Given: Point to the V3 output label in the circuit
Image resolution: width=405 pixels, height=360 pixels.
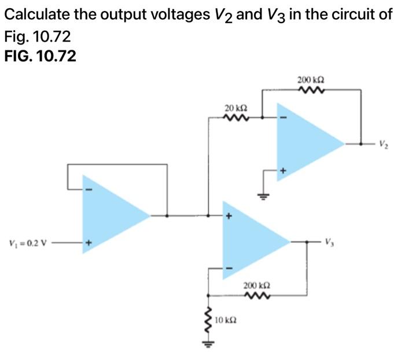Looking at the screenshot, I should tap(329, 241).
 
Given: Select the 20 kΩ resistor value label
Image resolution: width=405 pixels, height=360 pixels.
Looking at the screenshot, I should tap(236, 108).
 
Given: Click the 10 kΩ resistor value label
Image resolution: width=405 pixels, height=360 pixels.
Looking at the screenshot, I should tap(225, 319).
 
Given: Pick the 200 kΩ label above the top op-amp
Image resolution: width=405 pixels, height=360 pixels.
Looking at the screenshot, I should tap(310, 79).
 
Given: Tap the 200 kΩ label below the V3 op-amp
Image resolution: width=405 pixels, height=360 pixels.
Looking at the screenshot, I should tap(255, 286).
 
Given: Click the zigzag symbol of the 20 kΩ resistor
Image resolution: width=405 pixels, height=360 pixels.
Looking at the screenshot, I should tap(236, 118).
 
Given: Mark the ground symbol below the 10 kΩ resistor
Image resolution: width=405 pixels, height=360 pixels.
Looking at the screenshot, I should tap(208, 345).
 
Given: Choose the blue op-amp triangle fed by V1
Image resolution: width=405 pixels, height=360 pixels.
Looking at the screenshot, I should tap(113, 215).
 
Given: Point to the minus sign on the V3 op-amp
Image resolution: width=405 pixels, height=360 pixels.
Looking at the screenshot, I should tap(228, 268).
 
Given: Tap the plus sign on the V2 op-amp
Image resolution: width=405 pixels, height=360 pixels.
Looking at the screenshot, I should tap(283, 171).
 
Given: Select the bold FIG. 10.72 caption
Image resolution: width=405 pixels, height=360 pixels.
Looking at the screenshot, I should tap(39, 56).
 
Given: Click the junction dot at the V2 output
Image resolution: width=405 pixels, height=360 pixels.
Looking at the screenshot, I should tap(360, 142).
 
